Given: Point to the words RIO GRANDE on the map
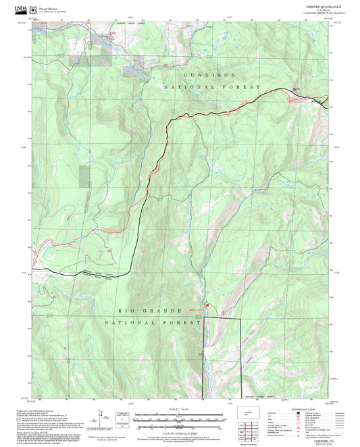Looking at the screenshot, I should click(143, 310).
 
